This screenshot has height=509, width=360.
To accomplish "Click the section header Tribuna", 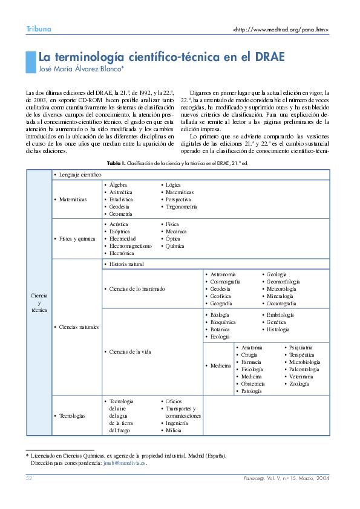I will coord(38,29).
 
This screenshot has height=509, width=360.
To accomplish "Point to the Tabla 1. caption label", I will coord(116,163).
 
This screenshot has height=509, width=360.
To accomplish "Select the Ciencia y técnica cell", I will coord(39,302).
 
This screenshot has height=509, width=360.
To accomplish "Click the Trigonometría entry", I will coord(182,206).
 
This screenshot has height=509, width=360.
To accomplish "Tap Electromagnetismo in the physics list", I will coord(131,246).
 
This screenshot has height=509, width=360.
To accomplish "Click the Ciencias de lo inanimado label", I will coord(137,288).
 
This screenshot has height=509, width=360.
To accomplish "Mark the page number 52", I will coord(28,478).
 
